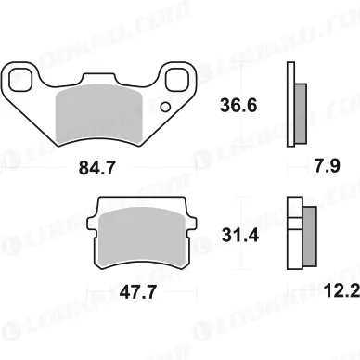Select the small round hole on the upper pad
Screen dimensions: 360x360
click(165, 108)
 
